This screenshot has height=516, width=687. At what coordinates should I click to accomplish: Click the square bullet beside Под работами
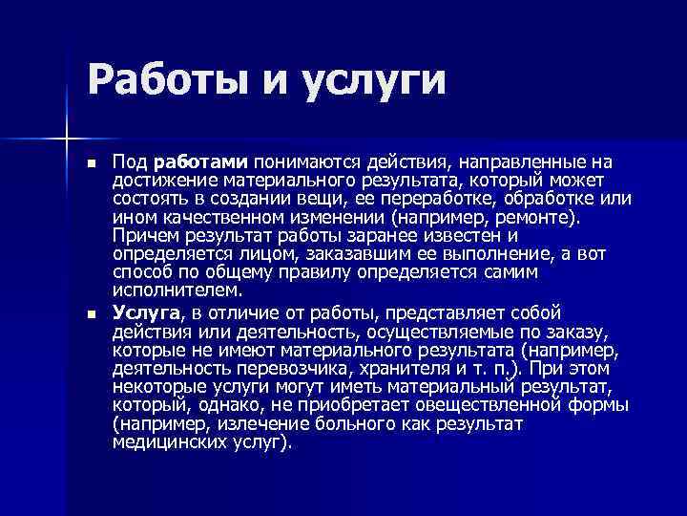point(91,165)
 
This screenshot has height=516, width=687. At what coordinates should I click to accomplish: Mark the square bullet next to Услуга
point(91,313)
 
